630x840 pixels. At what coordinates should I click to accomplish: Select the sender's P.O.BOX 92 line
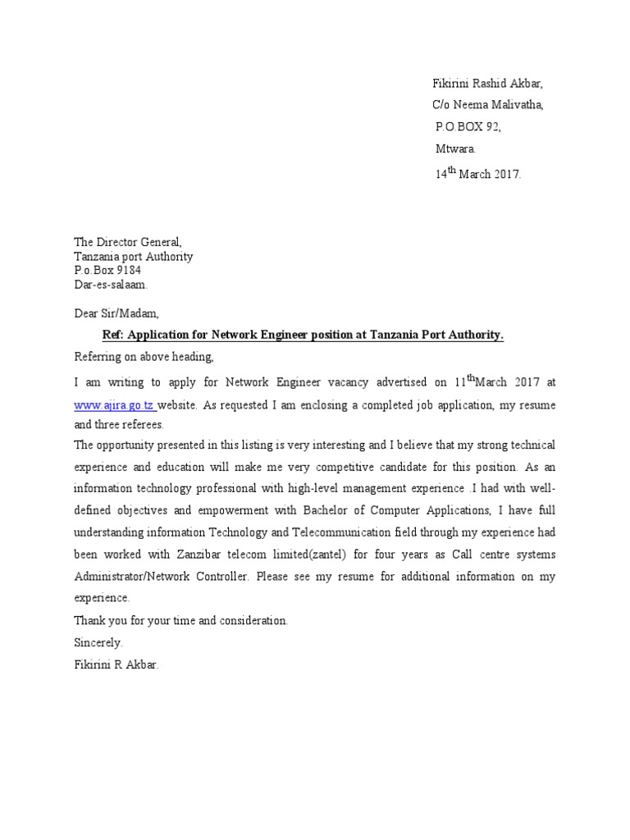click(x=468, y=126)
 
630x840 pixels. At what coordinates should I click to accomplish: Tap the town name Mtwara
click(x=454, y=148)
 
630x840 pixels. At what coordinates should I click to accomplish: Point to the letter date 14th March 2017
click(x=477, y=173)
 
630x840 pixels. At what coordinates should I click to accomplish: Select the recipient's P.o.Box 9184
click(x=107, y=271)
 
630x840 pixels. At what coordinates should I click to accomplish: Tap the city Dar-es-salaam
click(x=112, y=285)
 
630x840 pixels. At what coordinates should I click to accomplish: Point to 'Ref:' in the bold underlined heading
click(x=112, y=335)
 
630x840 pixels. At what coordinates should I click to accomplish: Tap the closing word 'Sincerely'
click(x=98, y=642)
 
